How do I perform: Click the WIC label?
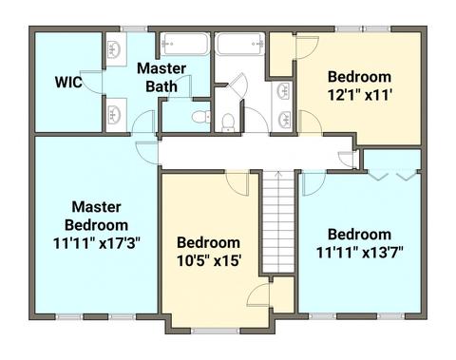68,82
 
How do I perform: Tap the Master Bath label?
161,78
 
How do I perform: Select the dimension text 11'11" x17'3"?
97,244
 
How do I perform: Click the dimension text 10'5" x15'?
209,261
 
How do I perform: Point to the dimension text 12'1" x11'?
360,95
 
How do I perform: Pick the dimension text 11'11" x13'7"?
360,253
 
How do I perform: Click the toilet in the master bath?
201,117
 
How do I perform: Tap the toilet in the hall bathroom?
228,123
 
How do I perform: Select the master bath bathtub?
185,45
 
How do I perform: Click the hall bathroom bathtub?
239,44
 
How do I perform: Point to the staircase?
278,221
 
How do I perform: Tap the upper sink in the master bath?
115,50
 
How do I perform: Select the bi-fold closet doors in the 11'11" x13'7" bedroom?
392,175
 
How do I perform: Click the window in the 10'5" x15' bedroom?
216,332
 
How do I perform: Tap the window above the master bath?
134,28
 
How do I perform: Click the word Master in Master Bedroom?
97,207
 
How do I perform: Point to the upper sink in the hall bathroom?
284,91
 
